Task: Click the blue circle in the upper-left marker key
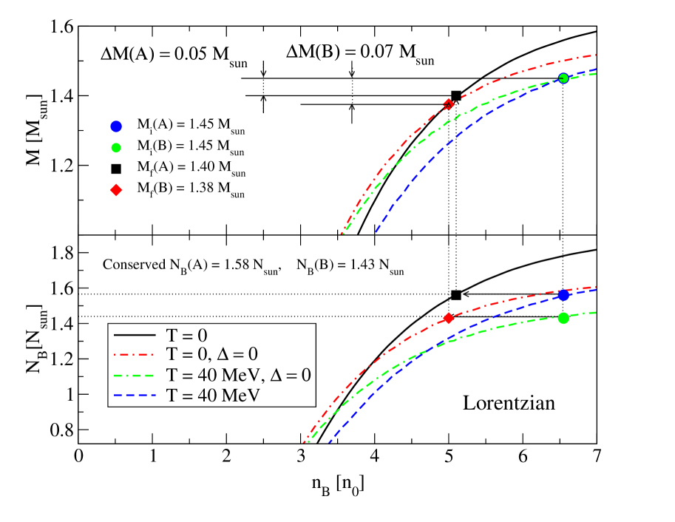coord(116,126)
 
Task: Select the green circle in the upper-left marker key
coord(116,147)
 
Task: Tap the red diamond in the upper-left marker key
coord(116,190)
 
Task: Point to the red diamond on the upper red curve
coord(448,104)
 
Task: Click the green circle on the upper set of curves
coord(563,78)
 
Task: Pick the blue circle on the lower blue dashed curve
coord(563,295)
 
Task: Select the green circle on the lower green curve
coord(563,318)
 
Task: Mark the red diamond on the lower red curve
coord(448,319)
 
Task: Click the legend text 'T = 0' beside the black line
coord(186,334)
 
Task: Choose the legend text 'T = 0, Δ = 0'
coord(212,354)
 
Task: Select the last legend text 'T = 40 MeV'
coord(214,396)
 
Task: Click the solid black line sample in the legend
coord(135,334)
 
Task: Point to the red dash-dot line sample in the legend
coord(135,355)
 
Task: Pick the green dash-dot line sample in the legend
coord(135,375)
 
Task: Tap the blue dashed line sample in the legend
coord(135,396)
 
